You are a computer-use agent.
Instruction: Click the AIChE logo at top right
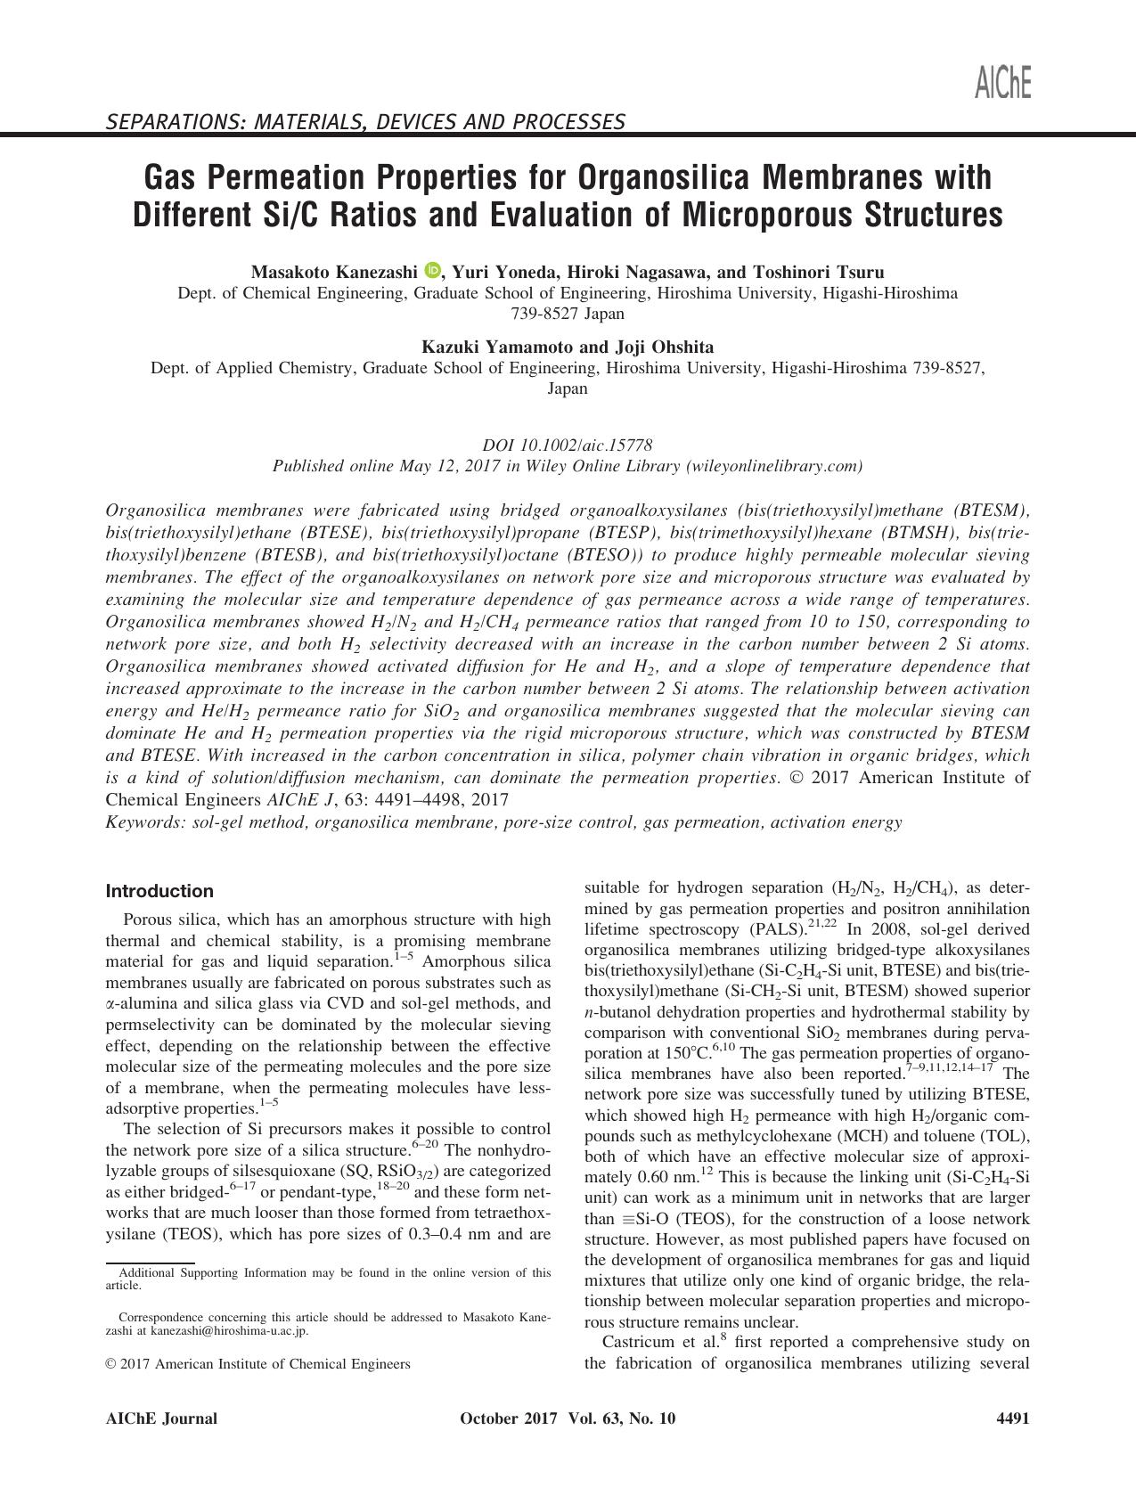[1002, 83]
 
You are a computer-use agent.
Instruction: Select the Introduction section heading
[159, 891]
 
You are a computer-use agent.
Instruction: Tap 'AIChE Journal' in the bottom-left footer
[161, 1418]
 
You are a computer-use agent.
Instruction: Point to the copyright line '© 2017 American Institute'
[257, 1363]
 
